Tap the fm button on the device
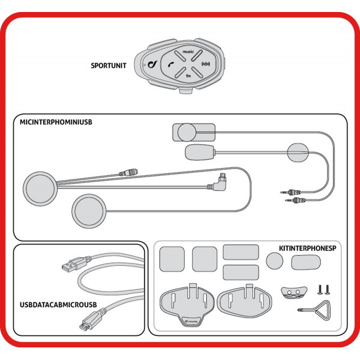tap(188, 75)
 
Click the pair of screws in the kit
tap(322, 289)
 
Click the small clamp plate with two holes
tap(292, 292)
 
